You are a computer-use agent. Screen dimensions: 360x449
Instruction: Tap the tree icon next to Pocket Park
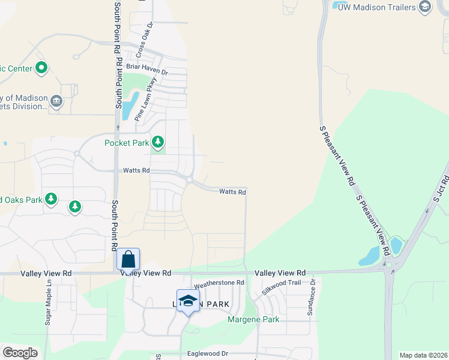click(x=157, y=142)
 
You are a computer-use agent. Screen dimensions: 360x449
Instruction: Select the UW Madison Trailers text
click(x=376, y=7)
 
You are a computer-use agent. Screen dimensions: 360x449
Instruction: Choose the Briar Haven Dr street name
click(x=146, y=70)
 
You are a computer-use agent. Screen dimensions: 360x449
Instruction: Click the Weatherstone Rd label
click(x=218, y=283)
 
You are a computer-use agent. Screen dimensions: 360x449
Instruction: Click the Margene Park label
click(x=253, y=319)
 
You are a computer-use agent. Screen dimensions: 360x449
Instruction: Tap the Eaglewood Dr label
click(x=208, y=354)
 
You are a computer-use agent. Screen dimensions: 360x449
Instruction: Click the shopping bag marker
click(x=128, y=259)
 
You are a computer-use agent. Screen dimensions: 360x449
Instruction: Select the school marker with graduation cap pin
click(x=188, y=301)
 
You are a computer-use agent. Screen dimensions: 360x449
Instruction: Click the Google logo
click(x=20, y=353)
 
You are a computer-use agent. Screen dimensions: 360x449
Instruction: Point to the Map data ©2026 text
click(x=423, y=355)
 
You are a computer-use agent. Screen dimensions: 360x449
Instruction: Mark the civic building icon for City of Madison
click(x=56, y=101)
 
